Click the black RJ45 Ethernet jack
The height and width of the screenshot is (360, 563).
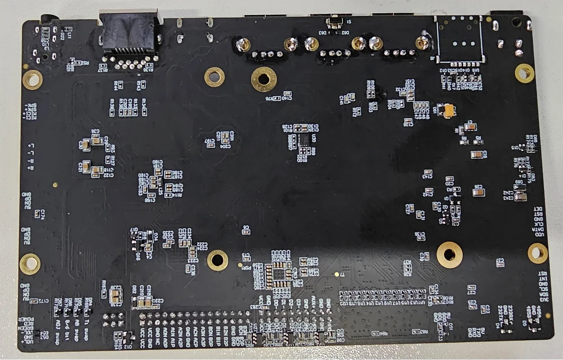(x=128, y=33)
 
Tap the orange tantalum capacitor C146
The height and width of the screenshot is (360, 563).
(x=449, y=110)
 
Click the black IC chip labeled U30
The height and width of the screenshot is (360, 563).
(x=305, y=140)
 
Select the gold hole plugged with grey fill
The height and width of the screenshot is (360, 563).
(x=214, y=77)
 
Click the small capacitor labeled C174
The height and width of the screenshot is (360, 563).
(x=38, y=214)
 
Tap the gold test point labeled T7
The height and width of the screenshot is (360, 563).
(x=337, y=274)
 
